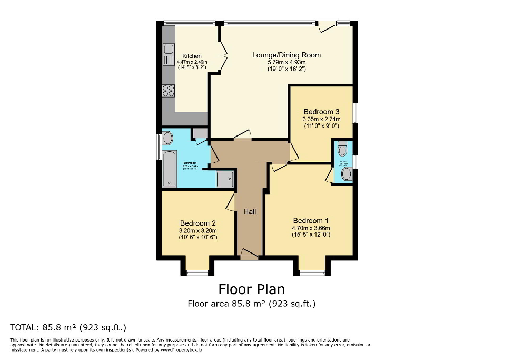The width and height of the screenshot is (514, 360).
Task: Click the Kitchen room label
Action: tap(192, 56)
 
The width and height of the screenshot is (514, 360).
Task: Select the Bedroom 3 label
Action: tap(321, 112)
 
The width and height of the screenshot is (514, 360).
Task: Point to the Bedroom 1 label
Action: tap(311, 220)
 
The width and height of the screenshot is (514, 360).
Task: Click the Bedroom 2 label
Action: tap(197, 223)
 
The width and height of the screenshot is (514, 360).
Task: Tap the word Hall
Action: tap(250, 211)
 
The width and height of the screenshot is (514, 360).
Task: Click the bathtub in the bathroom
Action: tap(169, 168)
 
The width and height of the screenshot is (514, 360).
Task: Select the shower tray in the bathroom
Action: tap(225, 179)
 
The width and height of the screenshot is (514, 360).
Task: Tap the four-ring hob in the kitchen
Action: tap(169, 91)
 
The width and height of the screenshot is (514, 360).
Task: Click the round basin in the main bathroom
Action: tap(167, 139)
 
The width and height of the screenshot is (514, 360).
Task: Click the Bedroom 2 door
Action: tap(231, 202)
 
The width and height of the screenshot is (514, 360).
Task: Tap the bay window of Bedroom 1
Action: tap(313, 272)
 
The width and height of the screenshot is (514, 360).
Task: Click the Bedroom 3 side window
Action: tap(355, 113)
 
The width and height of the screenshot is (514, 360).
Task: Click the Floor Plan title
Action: tap(251, 289)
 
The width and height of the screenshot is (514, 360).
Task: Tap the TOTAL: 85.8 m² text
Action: tap(68, 327)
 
